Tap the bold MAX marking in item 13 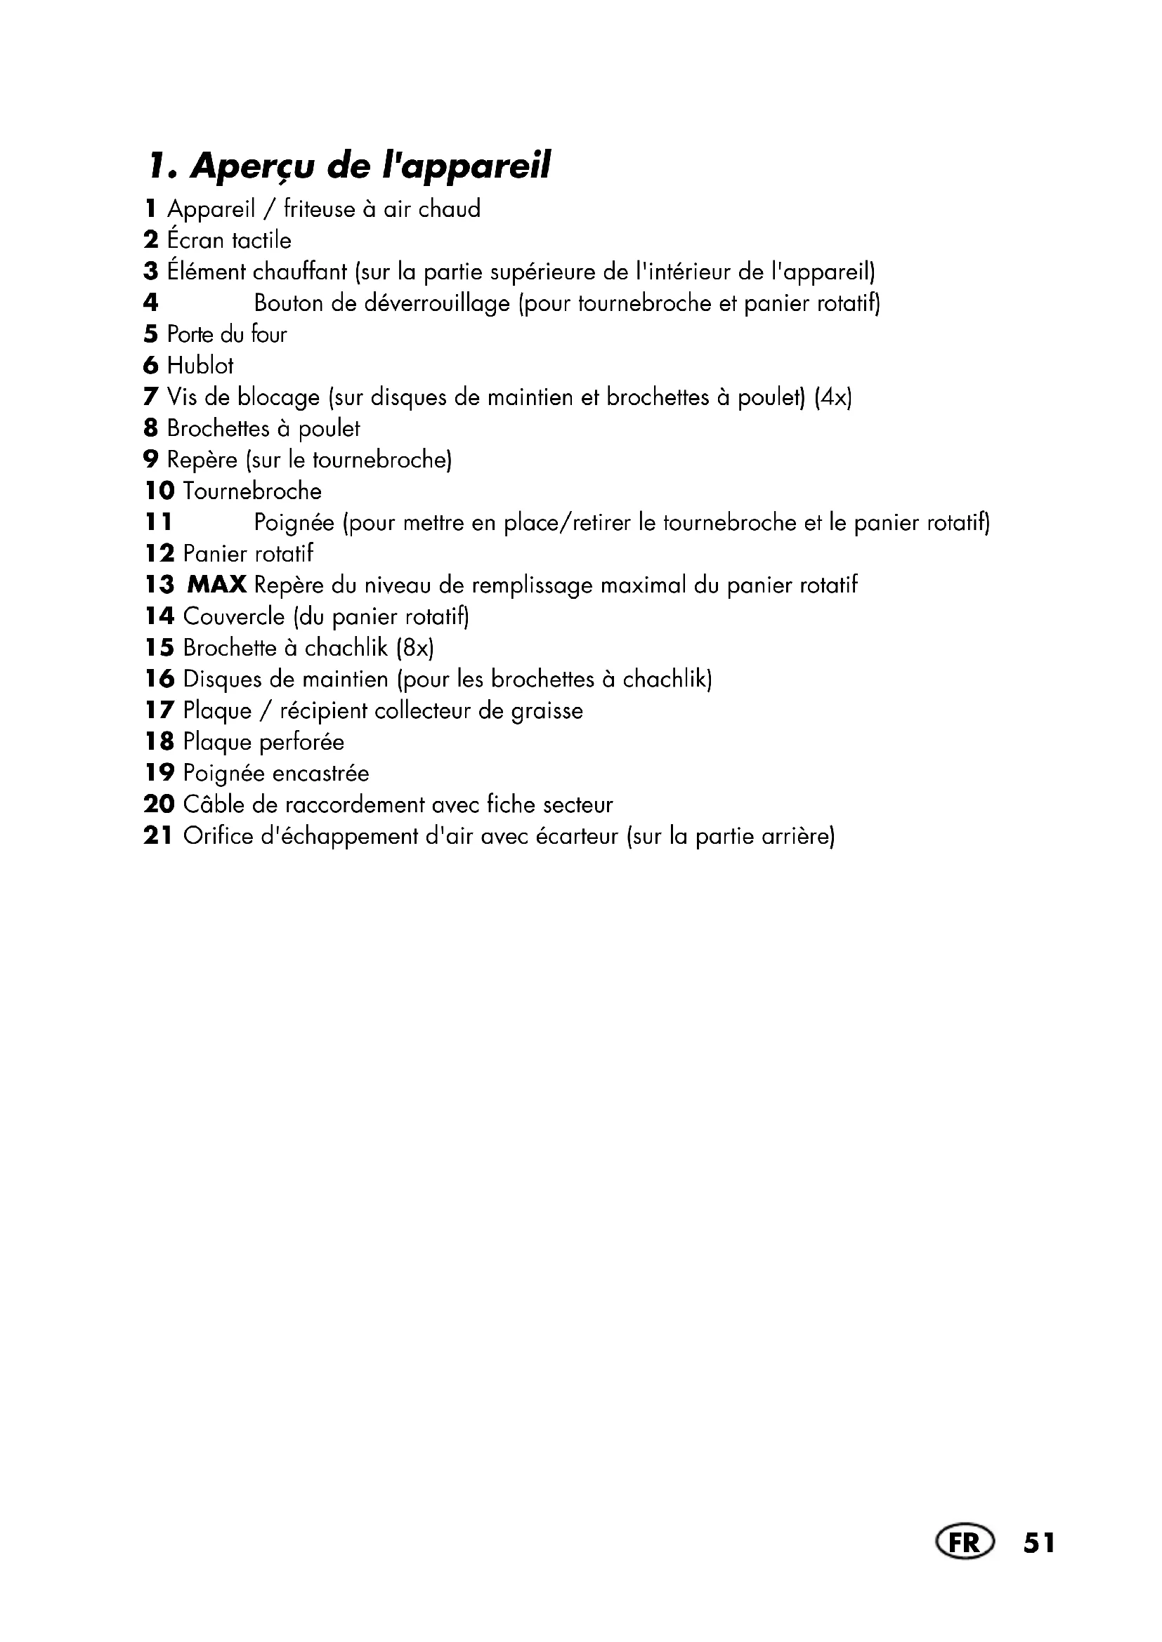(x=217, y=585)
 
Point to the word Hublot (x=200, y=366)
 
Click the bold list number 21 (x=158, y=835)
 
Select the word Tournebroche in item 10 (x=253, y=491)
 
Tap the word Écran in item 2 (x=195, y=239)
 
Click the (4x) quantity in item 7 (x=834, y=397)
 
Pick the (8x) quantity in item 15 (x=415, y=648)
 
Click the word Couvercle (x=233, y=616)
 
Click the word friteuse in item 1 (x=319, y=208)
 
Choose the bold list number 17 (x=158, y=710)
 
